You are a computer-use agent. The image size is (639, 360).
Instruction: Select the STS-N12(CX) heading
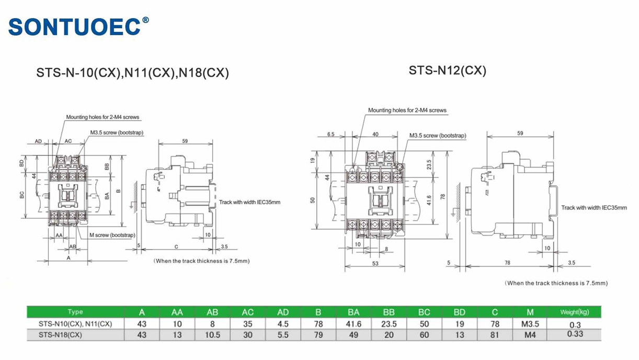447,70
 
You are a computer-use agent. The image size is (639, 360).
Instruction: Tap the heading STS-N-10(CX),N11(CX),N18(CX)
132,73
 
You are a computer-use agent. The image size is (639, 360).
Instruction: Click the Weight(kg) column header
574,312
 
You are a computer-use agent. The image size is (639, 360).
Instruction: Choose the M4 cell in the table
530,335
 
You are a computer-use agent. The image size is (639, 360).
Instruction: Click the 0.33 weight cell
574,334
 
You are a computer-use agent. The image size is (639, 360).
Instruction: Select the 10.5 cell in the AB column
212,335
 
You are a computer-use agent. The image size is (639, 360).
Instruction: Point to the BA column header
353,312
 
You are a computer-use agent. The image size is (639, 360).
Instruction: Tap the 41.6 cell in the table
353,324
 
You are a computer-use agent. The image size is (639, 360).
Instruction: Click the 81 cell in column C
495,335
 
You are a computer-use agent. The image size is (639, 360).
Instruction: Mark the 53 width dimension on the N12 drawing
375,264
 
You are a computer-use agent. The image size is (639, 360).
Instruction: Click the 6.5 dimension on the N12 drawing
330,134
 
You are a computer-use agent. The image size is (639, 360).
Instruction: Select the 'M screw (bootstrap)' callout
112,235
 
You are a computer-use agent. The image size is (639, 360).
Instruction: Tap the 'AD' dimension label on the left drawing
38,141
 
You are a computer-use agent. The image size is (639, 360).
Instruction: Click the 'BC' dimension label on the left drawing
22,195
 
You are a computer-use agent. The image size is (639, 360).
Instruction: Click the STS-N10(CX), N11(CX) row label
75,324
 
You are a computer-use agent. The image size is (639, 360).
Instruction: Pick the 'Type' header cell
75,312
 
